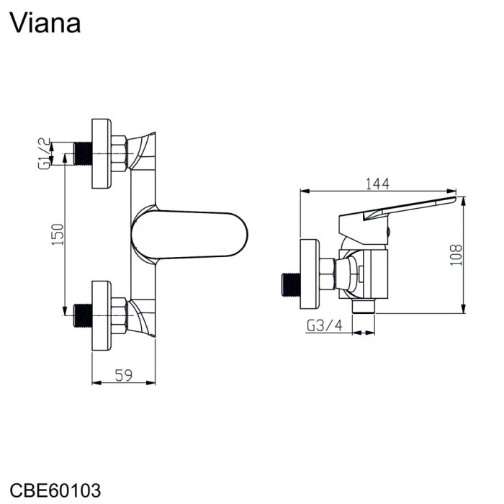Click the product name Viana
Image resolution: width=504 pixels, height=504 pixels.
coord(45,23)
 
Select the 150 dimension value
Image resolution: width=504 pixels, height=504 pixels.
coord(59,234)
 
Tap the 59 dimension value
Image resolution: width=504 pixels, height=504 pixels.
coord(125,374)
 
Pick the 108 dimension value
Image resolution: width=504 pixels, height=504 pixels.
coord(455,253)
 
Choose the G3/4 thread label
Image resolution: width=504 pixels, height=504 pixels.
coord(325,325)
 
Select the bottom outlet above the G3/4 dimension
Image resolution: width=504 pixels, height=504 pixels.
coord(366,307)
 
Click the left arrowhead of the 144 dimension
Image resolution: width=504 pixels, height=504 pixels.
coord(303,192)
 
